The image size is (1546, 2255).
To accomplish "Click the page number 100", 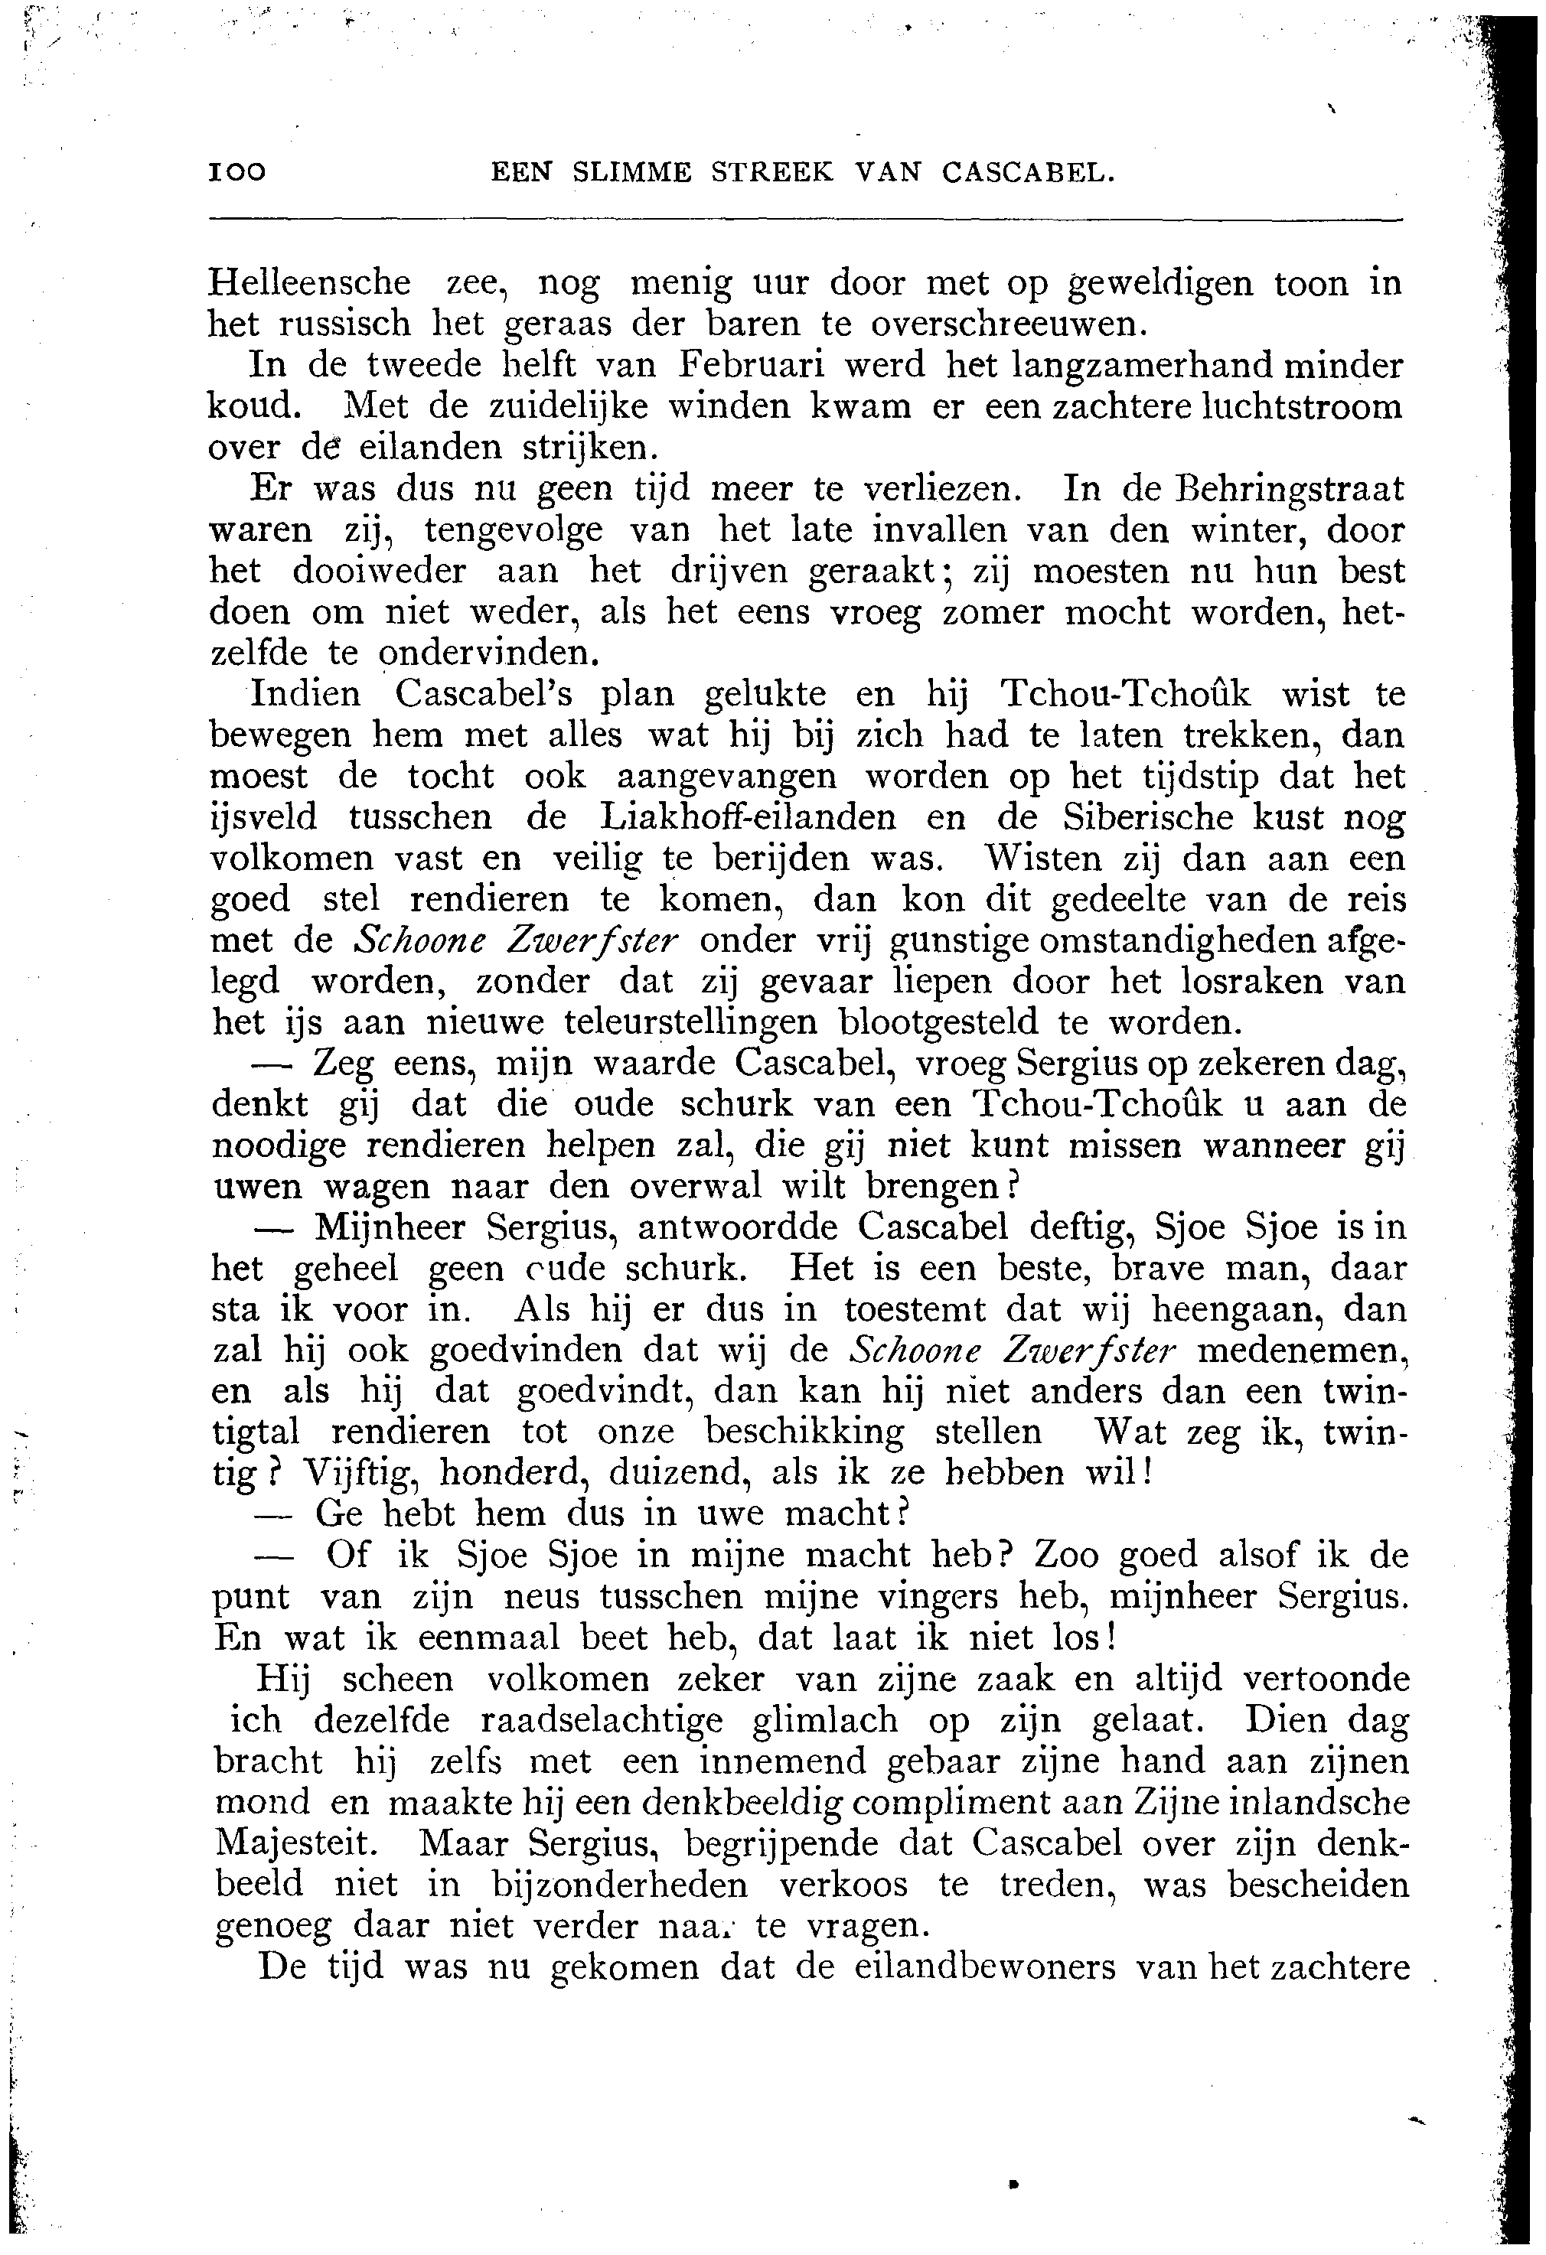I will tap(236, 173).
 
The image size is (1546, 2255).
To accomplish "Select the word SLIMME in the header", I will tap(631, 173).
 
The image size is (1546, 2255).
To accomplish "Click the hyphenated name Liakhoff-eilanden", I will tap(747, 817).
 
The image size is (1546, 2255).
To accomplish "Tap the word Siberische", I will tap(1147, 817).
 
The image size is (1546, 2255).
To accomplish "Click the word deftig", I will tap(1080, 1228).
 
